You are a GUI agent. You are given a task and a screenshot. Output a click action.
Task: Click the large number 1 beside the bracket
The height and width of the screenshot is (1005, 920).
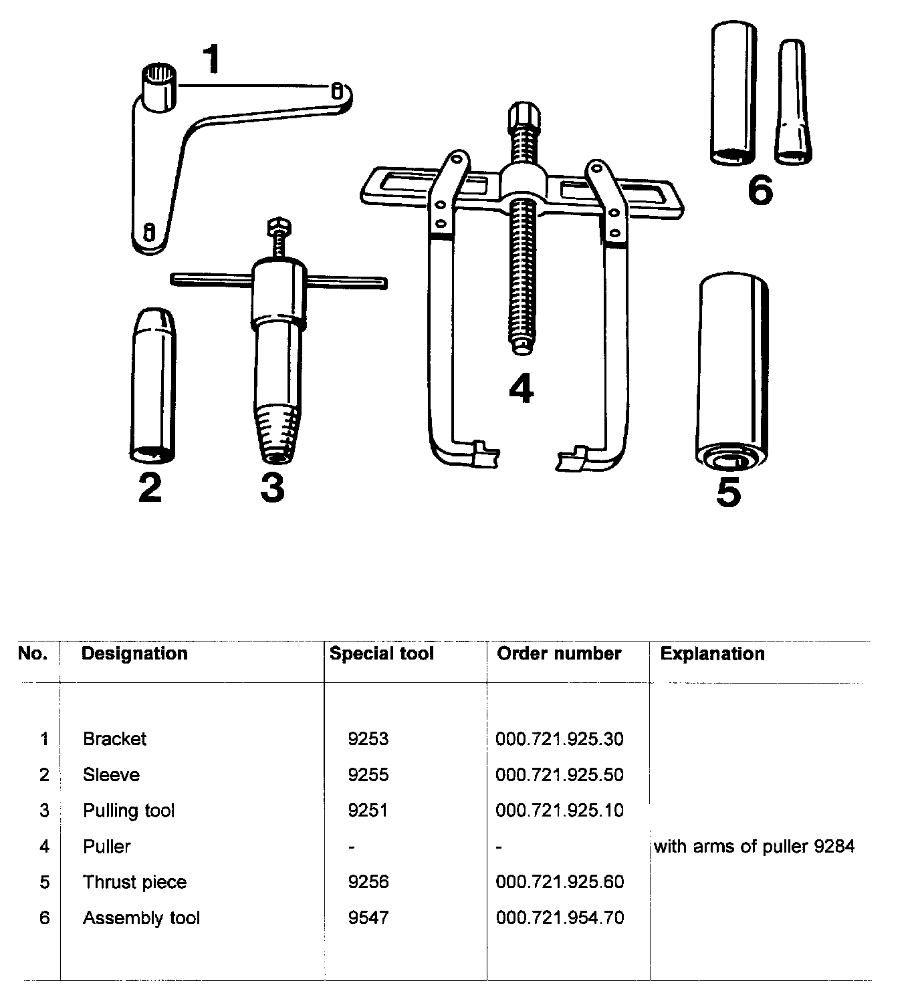pos(211,59)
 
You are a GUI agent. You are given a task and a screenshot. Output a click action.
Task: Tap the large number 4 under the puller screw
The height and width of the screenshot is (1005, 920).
pos(522,389)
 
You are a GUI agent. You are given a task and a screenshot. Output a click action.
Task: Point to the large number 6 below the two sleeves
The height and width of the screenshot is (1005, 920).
pos(760,190)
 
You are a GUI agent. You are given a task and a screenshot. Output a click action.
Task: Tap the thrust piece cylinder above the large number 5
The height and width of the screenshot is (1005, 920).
pos(732,371)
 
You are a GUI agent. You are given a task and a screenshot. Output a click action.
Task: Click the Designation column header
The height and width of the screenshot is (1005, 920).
pos(134,654)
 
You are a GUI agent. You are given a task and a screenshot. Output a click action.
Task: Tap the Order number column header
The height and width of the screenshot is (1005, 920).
pos(559,654)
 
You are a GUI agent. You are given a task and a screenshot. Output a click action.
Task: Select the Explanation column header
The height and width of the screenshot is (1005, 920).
pos(712,654)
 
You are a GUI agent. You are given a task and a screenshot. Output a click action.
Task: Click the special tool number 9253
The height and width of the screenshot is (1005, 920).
pos(368,739)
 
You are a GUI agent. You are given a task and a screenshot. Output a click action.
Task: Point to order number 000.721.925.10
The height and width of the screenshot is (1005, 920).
pos(560,811)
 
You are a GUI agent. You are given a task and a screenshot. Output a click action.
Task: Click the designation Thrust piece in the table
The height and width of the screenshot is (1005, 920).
pos(134,882)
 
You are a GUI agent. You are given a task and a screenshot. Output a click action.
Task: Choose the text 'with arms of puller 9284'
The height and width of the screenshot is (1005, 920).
pos(754,847)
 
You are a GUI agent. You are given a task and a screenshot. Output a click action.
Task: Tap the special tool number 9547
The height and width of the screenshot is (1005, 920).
pos(368,918)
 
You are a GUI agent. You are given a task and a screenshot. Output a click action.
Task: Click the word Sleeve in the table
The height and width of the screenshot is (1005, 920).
pos(111,775)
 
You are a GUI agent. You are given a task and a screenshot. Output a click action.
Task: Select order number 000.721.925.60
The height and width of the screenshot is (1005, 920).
pos(560,882)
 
